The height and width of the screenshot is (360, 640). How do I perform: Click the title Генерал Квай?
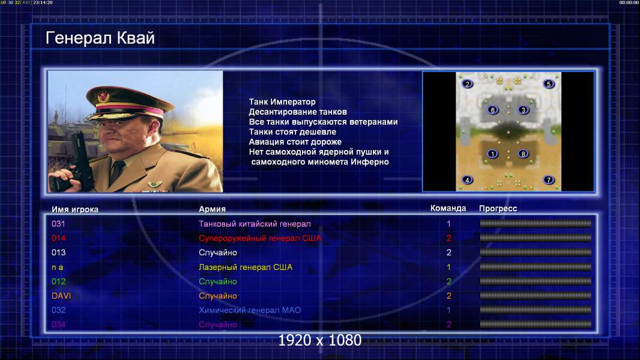pos(100,38)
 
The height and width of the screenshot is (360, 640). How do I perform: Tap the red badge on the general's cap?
pos(103,96)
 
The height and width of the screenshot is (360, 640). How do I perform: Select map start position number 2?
pos(467,84)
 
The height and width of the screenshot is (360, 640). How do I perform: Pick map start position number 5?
pos(549,84)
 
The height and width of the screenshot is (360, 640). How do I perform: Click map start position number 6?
pos(493,110)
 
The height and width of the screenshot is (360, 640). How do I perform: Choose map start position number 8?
pos(524,154)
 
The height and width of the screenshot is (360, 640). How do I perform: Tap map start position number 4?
pos(467,180)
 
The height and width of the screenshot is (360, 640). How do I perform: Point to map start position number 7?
pos(549,180)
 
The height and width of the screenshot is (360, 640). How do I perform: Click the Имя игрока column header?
pos(74,209)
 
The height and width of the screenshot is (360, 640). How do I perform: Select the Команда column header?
pos(448,208)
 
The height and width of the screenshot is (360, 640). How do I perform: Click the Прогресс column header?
pos(498,209)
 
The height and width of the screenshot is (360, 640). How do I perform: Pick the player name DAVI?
pos(61,296)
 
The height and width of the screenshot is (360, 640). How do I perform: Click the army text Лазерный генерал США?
pos(246,268)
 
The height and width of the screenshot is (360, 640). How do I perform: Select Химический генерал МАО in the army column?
pos(250,310)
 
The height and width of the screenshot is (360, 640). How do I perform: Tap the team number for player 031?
pos(448,224)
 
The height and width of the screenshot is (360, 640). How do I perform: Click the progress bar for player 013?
pos(536,253)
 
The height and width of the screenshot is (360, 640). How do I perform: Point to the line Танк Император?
pos(282,102)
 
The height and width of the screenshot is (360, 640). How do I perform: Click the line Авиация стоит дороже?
pos(295,142)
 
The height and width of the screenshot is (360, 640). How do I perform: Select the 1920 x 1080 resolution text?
pos(319,340)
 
